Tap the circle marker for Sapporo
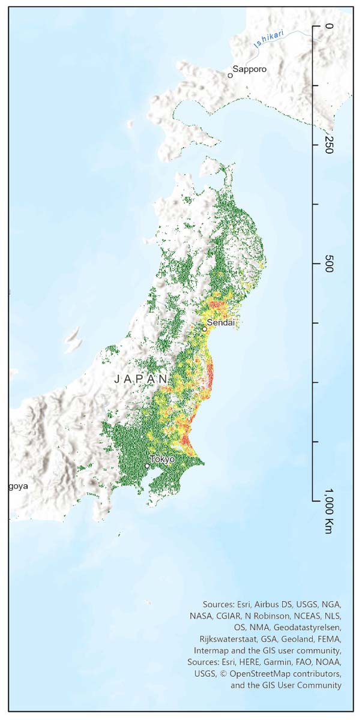(230, 76)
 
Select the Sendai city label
(220, 323)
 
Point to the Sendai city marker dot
(204, 329)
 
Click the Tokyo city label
(162, 459)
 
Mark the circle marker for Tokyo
(147, 466)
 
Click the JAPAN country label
(142, 379)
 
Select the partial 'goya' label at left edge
(18, 485)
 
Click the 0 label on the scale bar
(328, 26)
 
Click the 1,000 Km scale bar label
(328, 511)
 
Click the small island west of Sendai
(73, 340)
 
